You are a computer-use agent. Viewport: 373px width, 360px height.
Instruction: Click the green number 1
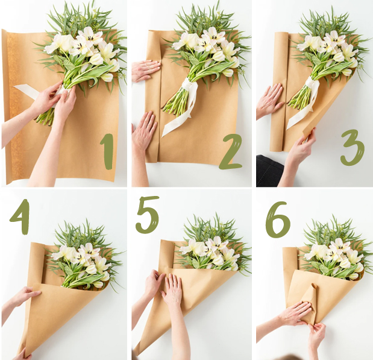click(x=107, y=151)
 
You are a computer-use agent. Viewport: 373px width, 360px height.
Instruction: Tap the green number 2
click(x=230, y=151)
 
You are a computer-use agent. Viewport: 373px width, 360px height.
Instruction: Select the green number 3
click(x=353, y=148)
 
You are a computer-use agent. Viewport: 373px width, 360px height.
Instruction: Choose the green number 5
click(x=148, y=215)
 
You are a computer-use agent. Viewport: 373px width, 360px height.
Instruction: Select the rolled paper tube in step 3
click(x=278, y=92)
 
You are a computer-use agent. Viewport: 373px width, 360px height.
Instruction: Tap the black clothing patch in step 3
click(x=269, y=170)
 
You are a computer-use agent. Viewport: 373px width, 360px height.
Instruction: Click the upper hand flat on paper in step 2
click(x=146, y=69)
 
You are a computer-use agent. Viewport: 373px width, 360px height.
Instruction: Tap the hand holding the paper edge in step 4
click(x=25, y=297)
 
